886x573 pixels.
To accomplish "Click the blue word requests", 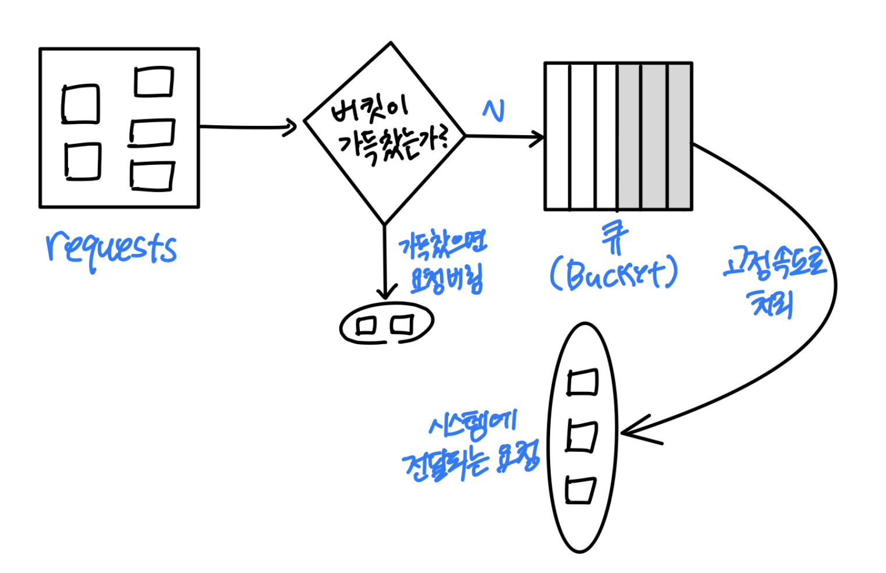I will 111,249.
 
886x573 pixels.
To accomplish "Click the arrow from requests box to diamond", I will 247,126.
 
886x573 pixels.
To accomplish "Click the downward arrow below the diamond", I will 385,262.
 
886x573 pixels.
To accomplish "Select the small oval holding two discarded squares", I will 387,324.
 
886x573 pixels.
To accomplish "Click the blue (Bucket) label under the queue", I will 614,273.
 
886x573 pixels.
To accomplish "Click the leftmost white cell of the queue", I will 557,136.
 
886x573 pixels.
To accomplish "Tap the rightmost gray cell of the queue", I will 679,136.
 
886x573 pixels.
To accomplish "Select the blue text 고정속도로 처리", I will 774,282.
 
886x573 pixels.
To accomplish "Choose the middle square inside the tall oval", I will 582,437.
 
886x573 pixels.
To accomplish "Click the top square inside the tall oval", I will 582,383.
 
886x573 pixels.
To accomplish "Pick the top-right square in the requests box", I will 154,82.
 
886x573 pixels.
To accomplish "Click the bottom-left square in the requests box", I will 82,161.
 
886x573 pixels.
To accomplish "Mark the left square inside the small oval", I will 367,325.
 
